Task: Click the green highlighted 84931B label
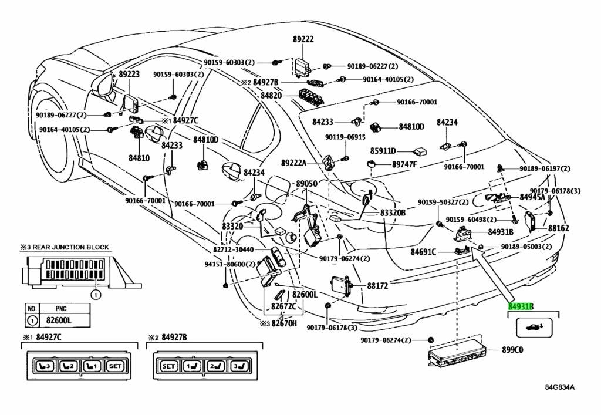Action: (x=521, y=306)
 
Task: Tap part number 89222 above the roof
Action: (x=303, y=39)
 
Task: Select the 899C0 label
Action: (x=513, y=350)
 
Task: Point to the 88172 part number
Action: (x=377, y=285)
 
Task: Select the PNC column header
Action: (x=61, y=308)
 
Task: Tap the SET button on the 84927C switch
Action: (x=116, y=366)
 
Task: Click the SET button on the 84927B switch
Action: (x=168, y=366)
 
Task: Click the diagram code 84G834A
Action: (x=560, y=387)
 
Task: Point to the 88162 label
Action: (x=559, y=228)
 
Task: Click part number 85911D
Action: (x=383, y=151)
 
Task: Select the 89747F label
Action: (x=404, y=164)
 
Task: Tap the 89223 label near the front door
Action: (x=129, y=74)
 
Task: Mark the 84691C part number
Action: (x=423, y=252)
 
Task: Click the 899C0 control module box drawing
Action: (x=457, y=353)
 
